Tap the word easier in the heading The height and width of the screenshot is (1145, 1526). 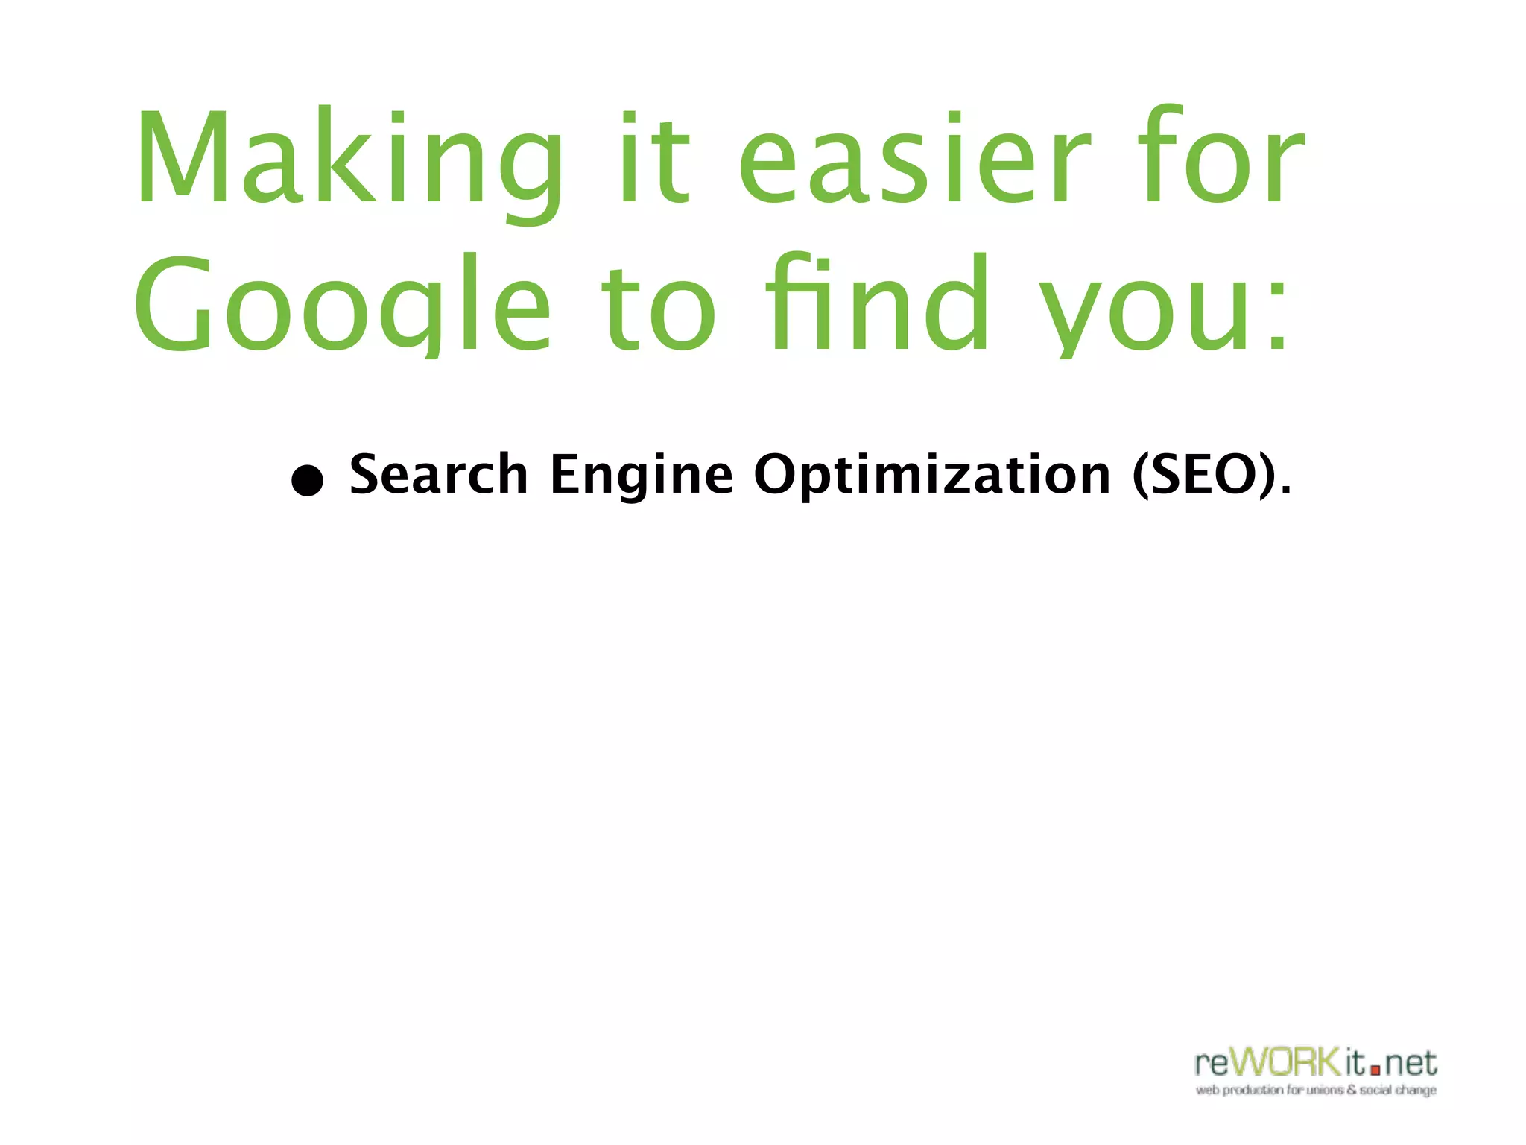(914, 160)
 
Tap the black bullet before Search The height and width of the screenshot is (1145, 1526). (307, 481)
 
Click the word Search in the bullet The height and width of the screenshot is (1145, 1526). (439, 474)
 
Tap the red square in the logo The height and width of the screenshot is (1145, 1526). (1375, 1070)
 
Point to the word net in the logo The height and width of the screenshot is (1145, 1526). (1411, 1064)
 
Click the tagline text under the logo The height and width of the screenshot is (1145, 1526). (1316, 1091)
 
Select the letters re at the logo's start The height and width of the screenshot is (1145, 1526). (1212, 1064)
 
